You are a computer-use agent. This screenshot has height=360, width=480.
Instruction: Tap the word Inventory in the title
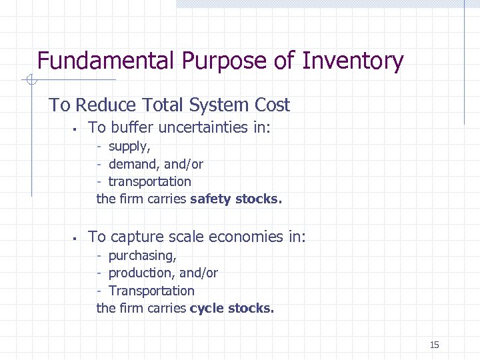point(353,61)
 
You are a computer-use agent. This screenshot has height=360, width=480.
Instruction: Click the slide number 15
point(434,345)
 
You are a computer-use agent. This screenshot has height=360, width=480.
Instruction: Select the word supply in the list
point(129,147)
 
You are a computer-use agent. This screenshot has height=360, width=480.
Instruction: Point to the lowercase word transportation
point(149,181)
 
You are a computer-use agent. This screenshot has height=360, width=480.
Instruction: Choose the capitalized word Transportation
point(151,291)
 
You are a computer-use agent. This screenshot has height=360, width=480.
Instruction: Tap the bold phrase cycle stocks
point(231,308)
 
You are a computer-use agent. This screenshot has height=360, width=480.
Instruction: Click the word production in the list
point(138,273)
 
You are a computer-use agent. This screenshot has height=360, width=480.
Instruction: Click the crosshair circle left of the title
point(30,81)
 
